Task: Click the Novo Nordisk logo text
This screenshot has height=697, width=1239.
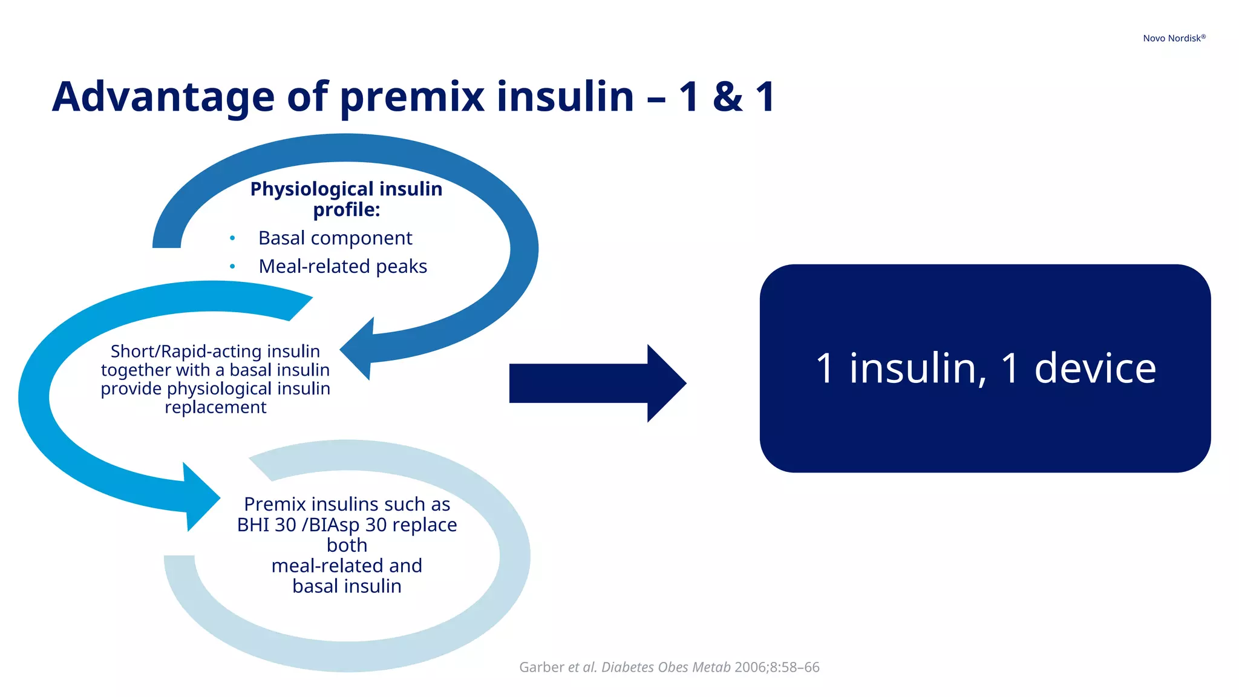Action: point(1174,38)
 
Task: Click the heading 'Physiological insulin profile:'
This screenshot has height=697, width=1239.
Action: point(346,199)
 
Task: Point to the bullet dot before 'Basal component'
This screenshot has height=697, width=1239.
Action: point(232,238)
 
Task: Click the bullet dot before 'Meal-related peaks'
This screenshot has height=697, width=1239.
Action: point(232,266)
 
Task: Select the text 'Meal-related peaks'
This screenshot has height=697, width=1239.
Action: point(342,266)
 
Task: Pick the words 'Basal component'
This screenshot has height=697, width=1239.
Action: point(335,238)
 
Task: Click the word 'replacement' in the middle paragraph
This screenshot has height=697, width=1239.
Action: point(215,407)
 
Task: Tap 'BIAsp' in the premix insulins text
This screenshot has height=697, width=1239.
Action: point(334,525)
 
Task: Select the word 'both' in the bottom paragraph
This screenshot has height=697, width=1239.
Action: point(347,545)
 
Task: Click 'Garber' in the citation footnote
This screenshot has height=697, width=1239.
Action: point(541,667)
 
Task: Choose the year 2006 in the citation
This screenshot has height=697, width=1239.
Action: point(750,667)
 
